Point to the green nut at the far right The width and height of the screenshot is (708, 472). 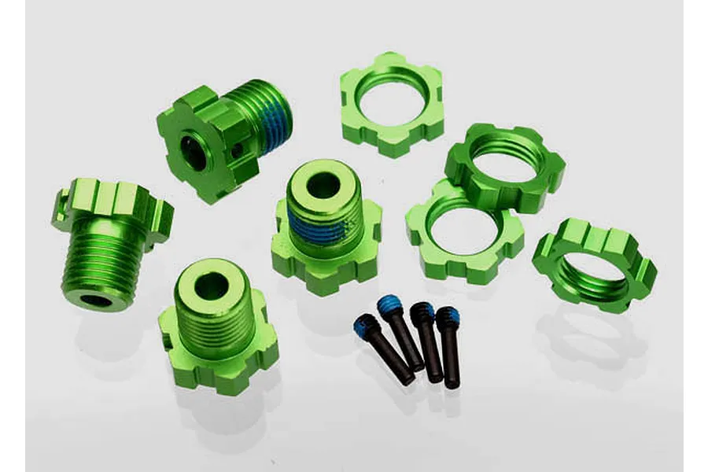click(x=594, y=264)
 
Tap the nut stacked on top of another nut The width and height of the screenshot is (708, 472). click(x=504, y=166)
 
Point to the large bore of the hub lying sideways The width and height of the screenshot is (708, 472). click(x=193, y=151)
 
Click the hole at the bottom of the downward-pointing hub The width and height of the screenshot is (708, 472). click(x=95, y=300)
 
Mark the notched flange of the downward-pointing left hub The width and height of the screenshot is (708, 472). click(x=114, y=201)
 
